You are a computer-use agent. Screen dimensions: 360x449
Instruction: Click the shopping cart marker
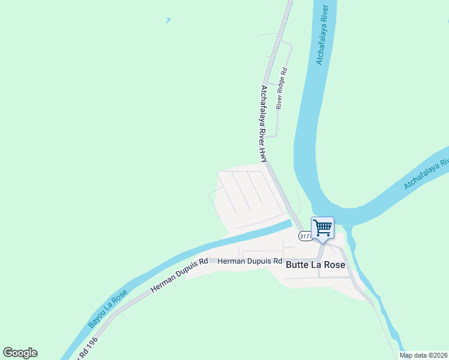[322, 229]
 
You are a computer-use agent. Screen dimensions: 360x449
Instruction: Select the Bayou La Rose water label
[108, 308]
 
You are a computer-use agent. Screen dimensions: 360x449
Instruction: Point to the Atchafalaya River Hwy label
[263, 123]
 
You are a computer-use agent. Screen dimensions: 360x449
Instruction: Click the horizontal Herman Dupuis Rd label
[250, 262]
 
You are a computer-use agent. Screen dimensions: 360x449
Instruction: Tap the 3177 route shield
[305, 237]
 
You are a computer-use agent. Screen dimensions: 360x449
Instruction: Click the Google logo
[20, 353]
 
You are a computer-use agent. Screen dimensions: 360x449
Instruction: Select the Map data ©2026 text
[423, 355]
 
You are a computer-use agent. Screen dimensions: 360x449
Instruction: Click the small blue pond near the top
[168, 20]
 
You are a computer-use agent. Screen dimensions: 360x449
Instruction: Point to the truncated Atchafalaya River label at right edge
[427, 175]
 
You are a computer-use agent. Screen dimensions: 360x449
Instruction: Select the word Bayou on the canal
[96, 319]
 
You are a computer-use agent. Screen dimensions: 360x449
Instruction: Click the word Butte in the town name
[297, 264]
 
